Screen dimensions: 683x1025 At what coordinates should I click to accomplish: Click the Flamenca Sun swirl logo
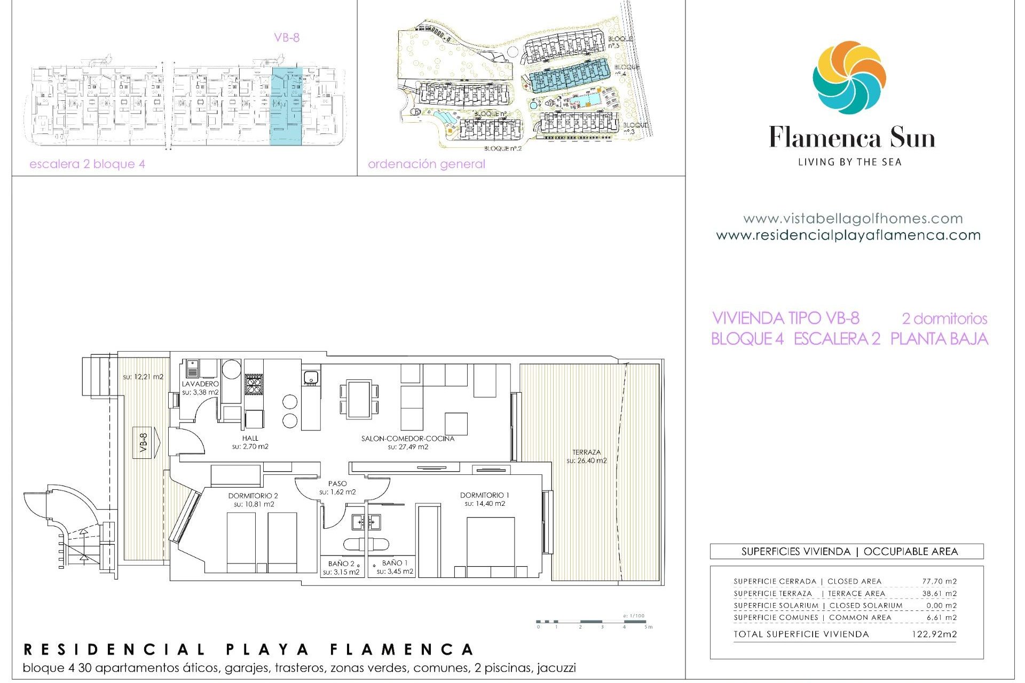click(849, 78)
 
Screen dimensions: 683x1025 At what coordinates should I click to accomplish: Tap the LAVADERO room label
click(200, 384)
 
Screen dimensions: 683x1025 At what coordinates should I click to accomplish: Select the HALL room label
click(250, 438)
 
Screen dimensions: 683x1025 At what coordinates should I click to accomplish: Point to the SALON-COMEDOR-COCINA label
click(408, 439)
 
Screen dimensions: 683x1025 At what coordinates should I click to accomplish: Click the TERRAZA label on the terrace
click(586, 452)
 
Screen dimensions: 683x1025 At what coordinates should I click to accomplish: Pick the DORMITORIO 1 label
click(484, 495)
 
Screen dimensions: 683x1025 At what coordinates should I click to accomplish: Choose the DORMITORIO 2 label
click(253, 496)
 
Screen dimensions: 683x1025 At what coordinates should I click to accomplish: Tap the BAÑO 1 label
click(395, 563)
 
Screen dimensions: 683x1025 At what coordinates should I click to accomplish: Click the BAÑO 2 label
click(341, 563)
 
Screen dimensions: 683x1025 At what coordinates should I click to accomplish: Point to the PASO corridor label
click(337, 483)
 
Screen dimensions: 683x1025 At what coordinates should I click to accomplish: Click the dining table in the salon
click(359, 399)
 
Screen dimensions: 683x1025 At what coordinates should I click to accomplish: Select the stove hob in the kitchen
click(254, 384)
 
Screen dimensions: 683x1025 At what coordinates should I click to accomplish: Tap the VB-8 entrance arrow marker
click(146, 442)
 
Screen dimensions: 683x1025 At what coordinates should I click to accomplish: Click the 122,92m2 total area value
click(934, 634)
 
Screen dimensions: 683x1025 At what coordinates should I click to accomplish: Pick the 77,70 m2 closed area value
click(939, 581)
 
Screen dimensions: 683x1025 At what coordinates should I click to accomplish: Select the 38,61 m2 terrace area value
click(939, 593)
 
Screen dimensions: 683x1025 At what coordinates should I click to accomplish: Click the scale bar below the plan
click(593, 622)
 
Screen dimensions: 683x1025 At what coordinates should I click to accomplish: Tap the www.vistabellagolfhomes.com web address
click(853, 219)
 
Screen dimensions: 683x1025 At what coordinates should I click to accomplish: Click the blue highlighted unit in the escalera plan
click(287, 106)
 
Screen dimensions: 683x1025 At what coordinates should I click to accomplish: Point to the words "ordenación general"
click(427, 164)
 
